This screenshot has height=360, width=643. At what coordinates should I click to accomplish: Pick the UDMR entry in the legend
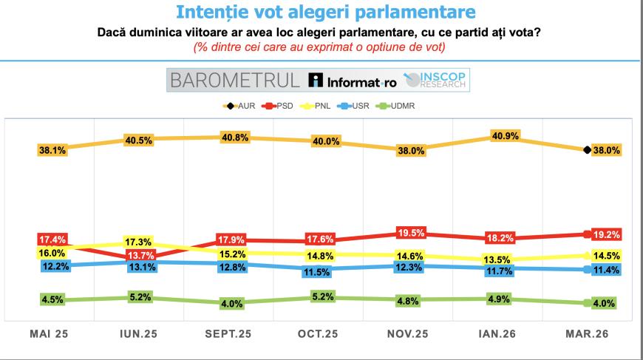coord(401,105)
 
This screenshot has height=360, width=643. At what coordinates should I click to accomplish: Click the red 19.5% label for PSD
coord(412,232)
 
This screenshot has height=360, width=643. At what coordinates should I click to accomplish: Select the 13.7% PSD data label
coord(140,256)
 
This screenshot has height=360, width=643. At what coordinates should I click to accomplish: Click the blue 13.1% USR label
coord(140,268)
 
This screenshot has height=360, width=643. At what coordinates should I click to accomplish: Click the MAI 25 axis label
coord(50,333)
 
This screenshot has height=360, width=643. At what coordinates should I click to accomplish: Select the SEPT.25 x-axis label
coord(228,333)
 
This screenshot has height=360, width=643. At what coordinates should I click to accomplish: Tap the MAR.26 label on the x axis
coord(588,333)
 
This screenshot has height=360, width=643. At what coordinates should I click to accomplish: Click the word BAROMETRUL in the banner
coord(234,80)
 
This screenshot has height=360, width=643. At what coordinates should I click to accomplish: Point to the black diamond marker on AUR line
coord(587,150)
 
